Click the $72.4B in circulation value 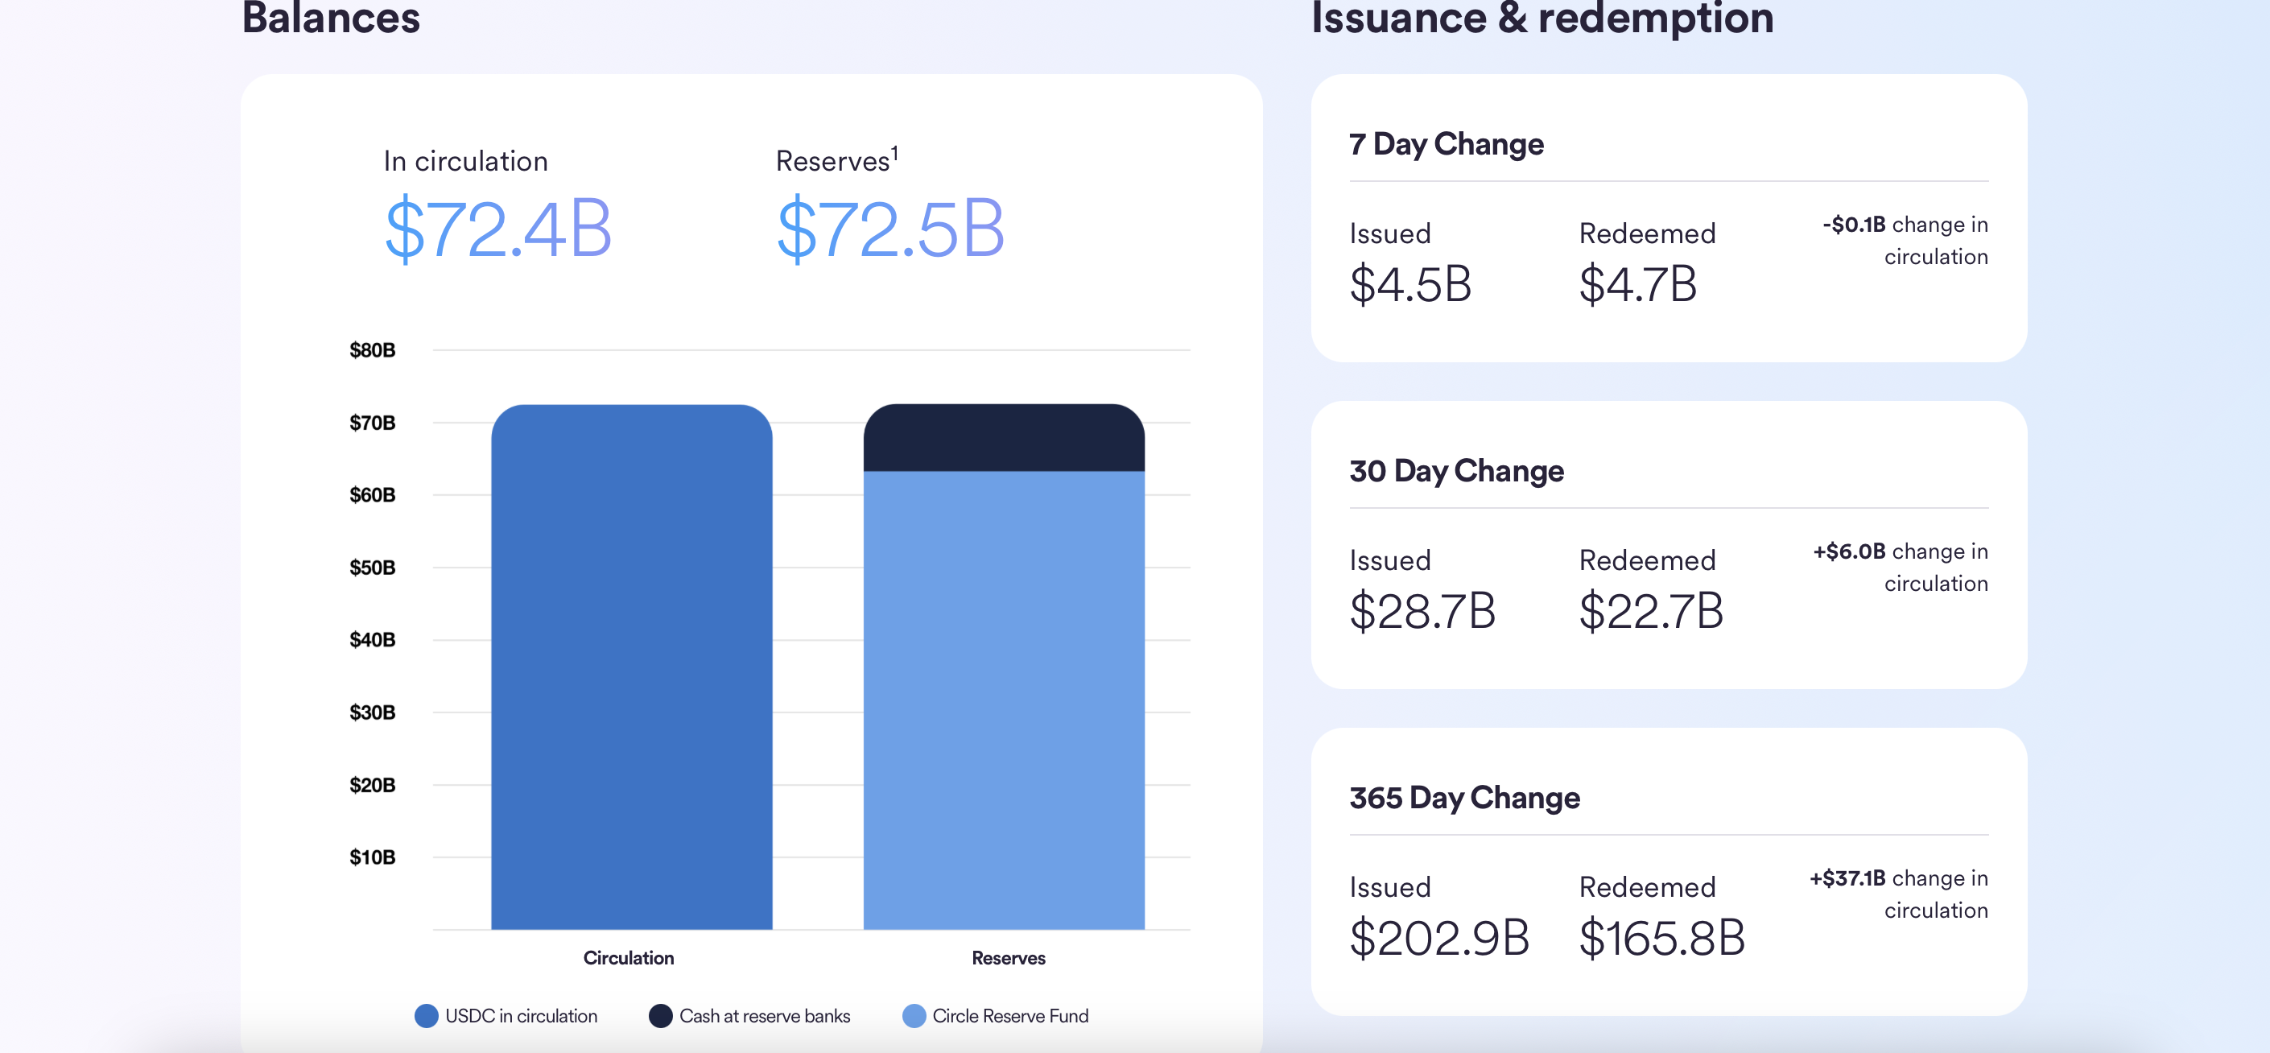(x=498, y=229)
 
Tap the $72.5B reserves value (x=890, y=229)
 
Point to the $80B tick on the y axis (x=372, y=351)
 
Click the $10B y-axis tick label (x=372, y=857)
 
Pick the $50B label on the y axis (x=372, y=568)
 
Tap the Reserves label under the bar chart (x=1008, y=958)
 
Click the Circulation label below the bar (x=629, y=958)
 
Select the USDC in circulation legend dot (x=427, y=1016)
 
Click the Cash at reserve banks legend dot (x=660, y=1016)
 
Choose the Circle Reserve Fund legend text (x=1010, y=1016)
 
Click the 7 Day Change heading (x=1446, y=143)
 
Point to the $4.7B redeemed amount (x=1637, y=283)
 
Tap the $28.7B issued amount (x=1422, y=611)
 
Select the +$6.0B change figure (x=1849, y=551)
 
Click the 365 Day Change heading (x=1464, y=798)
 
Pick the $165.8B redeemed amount (x=1661, y=938)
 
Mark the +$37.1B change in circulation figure (x=1847, y=878)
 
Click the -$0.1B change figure (x=1854, y=225)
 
